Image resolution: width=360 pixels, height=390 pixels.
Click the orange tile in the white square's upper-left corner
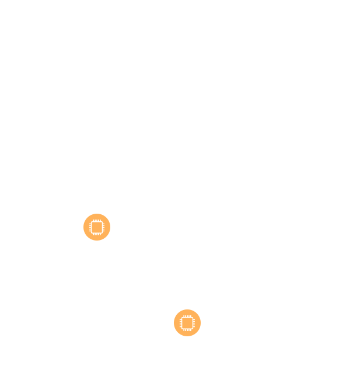[x=97, y=227]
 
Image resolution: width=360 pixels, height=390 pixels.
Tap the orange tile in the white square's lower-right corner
[x=187, y=323]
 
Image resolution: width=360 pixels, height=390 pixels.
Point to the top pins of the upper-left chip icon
[x=97, y=220]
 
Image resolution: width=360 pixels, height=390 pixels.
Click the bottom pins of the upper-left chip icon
[x=97, y=234]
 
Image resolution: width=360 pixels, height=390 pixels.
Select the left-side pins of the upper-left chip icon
[x=90, y=227]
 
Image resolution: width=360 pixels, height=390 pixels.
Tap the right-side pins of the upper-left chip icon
[x=104, y=227]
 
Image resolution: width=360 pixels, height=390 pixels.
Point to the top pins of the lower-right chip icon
[x=187, y=316]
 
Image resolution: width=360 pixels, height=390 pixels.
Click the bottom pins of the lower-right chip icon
[x=187, y=330]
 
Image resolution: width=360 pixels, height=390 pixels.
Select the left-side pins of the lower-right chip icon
[x=180, y=323]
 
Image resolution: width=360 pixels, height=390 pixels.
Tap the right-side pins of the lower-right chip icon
[x=194, y=323]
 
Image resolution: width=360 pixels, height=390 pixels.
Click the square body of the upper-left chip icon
[x=97, y=227]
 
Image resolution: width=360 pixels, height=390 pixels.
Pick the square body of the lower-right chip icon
[x=187, y=323]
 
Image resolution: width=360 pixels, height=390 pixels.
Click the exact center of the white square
[x=142, y=275]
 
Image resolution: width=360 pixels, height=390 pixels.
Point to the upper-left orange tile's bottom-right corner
[x=110, y=240]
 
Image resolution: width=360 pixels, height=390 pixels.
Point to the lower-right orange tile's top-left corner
[x=174, y=310]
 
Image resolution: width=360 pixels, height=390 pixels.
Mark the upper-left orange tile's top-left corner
[x=84, y=214]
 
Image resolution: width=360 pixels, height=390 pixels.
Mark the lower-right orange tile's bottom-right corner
[x=200, y=336]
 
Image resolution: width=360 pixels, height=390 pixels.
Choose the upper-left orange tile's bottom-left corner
[x=84, y=240]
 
